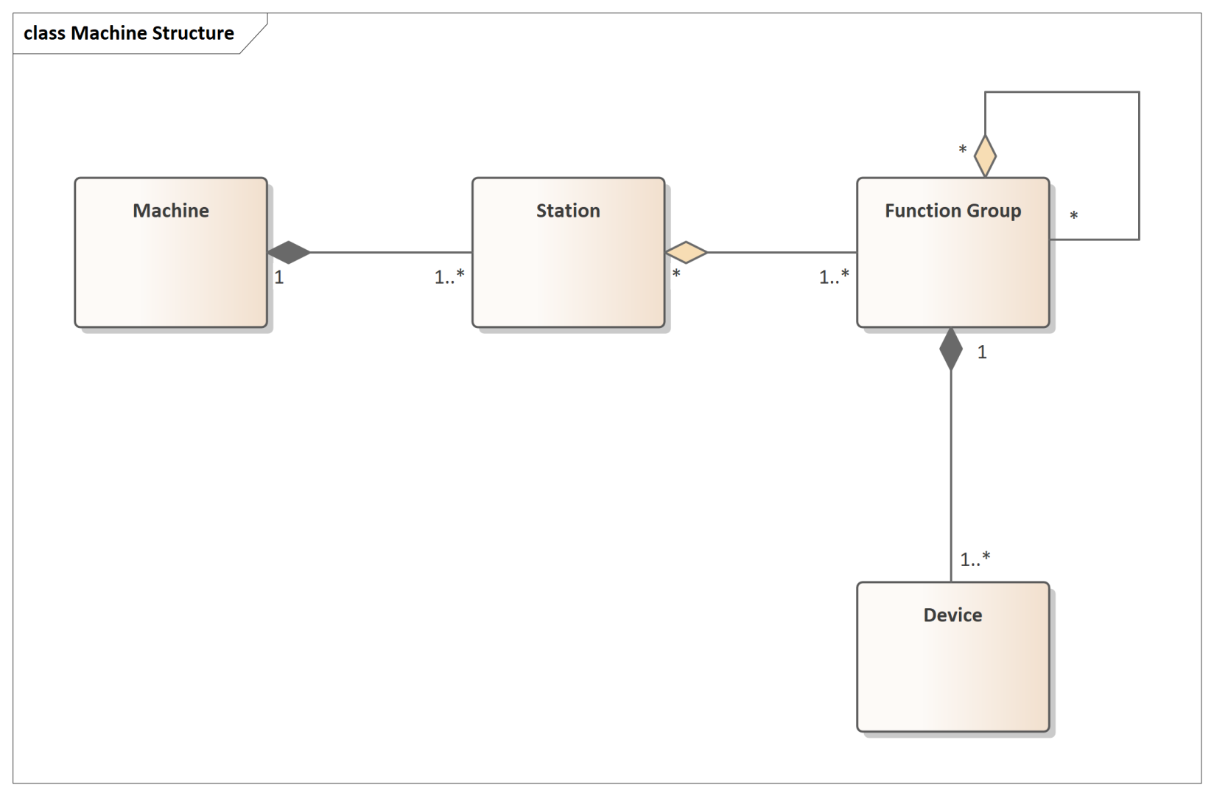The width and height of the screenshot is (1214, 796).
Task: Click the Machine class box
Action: [171, 252]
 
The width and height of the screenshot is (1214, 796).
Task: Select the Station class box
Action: [568, 252]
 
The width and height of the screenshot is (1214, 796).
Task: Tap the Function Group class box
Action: [952, 252]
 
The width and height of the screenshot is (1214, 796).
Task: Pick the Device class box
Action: [952, 657]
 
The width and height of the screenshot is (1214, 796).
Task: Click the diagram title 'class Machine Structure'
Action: [129, 33]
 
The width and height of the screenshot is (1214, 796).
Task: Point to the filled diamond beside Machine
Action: [289, 252]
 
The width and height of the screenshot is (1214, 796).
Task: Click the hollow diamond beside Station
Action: [686, 252]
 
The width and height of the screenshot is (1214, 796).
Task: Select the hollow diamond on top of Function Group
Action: [985, 156]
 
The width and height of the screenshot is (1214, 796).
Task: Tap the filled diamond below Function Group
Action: [950, 349]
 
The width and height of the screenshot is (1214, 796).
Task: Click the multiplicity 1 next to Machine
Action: [278, 277]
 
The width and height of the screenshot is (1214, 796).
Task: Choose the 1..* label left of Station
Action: [449, 276]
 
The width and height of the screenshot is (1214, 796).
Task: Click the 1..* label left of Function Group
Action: [834, 276]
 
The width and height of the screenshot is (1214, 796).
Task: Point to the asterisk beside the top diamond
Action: [963, 149]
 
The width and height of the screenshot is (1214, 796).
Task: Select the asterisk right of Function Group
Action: [1073, 216]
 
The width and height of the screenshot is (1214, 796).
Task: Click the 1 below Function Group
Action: [982, 352]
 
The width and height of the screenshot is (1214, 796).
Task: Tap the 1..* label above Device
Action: [975, 559]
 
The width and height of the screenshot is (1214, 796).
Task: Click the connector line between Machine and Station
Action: [390, 252]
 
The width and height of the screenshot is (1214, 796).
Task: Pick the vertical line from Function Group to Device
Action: [950, 476]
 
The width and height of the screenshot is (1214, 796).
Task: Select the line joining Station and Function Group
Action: [782, 252]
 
